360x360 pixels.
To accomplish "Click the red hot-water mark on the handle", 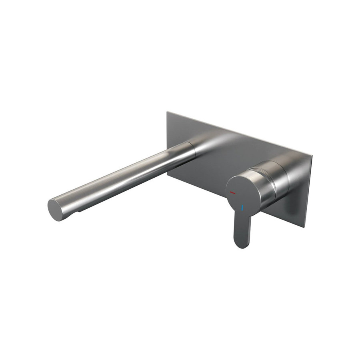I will (233, 193).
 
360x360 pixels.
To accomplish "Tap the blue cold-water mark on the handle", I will (242, 208).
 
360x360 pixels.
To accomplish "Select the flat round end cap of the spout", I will (56, 209).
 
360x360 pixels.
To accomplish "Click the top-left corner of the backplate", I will (168, 112).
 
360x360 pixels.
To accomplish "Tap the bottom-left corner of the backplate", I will (168, 175).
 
